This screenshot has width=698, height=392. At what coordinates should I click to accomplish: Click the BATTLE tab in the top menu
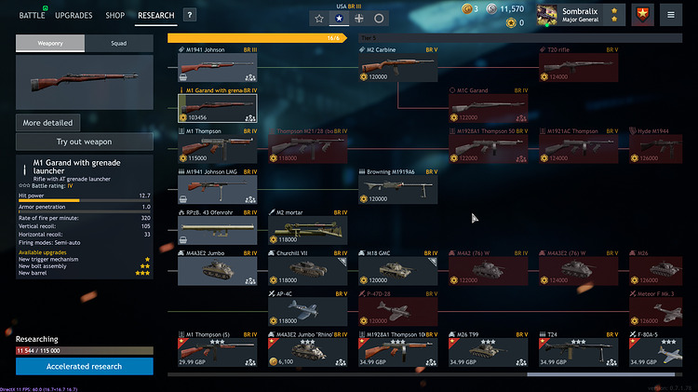click(x=33, y=16)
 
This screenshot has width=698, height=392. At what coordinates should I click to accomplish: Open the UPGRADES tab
click(x=74, y=16)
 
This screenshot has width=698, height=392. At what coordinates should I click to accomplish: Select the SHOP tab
click(x=115, y=16)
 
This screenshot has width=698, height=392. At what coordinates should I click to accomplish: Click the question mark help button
click(x=189, y=16)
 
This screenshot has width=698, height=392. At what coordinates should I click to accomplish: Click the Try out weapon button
click(x=85, y=142)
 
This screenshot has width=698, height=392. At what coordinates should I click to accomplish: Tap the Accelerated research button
click(x=85, y=366)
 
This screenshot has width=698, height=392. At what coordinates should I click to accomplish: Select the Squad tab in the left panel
click(x=118, y=43)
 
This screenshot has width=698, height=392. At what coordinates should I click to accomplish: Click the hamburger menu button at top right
click(x=670, y=16)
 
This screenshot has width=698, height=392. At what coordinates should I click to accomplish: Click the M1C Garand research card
click(x=489, y=106)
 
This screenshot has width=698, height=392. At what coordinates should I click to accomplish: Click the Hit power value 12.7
click(x=144, y=196)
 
